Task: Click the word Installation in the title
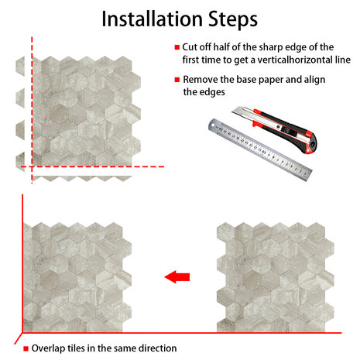(152, 19)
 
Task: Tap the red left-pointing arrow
(177, 277)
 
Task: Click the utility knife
(275, 129)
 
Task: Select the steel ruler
(260, 149)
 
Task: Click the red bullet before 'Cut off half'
(177, 47)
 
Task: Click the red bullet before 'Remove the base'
(177, 80)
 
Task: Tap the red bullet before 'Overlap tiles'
(26, 348)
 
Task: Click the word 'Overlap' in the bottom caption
(48, 348)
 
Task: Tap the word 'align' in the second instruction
(314, 80)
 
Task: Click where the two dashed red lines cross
(32, 166)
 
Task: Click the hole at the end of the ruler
(213, 125)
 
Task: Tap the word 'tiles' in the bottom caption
(76, 348)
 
